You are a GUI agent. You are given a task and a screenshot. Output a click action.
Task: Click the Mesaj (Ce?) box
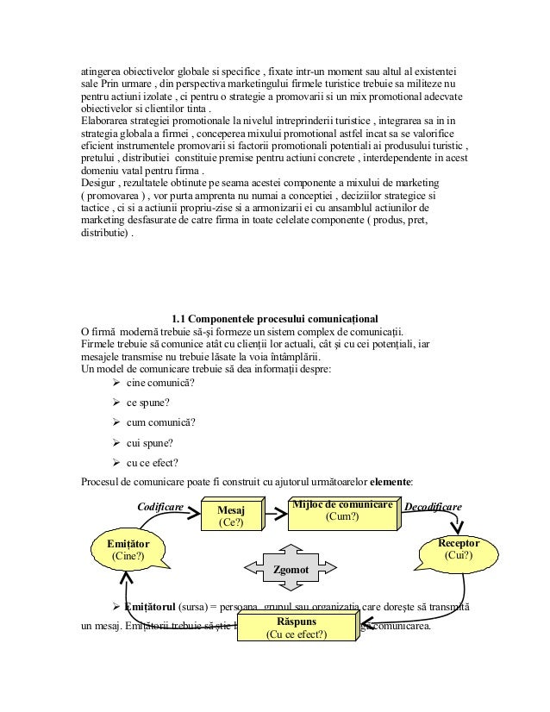[x=231, y=515]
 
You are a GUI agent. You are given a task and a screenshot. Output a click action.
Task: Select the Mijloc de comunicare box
[x=343, y=510]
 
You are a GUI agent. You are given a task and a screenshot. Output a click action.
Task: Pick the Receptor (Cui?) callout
[x=458, y=550]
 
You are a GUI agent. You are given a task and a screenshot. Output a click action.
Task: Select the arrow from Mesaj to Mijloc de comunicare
[x=275, y=514]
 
